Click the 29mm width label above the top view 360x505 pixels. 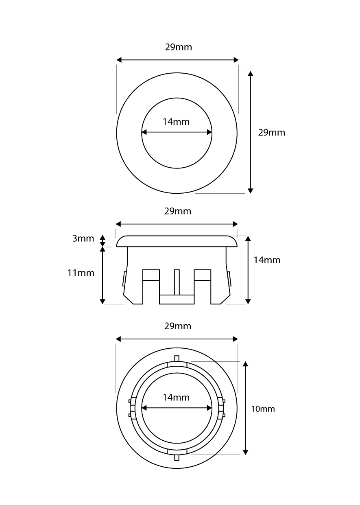pos(178,47)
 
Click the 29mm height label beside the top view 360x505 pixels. pos(272,132)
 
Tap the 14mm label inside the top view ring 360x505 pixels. pos(176,121)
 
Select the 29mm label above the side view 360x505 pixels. pos(177,211)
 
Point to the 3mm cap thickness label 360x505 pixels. pos(83,238)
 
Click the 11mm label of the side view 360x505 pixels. pos(81,273)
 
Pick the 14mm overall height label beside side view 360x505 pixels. pos(267,260)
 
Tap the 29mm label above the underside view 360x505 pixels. pos(177,326)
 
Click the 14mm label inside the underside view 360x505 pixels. pos(176,398)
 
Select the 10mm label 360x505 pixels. pos(263,409)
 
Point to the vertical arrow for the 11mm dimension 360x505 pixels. pos(103,275)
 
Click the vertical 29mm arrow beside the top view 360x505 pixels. pos(251,132)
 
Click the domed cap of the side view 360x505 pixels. pos(177,241)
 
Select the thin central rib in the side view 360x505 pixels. pos(177,282)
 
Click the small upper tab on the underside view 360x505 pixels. pos(177,358)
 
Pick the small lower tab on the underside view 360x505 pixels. pos(177,458)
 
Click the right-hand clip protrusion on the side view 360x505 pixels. pos(230,279)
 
